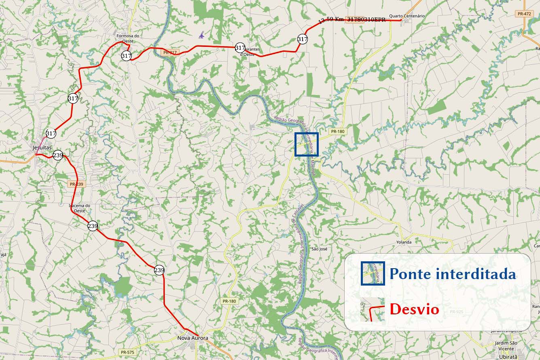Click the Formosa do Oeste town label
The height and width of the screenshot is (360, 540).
tap(127, 38)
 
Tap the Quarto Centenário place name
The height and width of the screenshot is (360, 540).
tap(407, 16)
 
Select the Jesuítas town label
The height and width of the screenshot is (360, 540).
tap(42, 148)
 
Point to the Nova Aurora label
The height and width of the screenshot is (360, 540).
tap(193, 338)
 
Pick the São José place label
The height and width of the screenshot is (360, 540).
tap(319, 249)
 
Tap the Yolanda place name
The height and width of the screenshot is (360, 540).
tap(404, 242)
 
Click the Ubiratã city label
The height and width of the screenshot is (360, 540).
tap(507, 357)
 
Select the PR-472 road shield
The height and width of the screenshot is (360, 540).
tap(524, 14)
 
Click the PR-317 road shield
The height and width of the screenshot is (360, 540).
tap(169, 53)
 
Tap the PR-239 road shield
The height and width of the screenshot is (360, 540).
tap(77, 184)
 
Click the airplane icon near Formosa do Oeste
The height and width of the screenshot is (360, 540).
tap(201, 35)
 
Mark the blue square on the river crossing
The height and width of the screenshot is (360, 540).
tap(307, 144)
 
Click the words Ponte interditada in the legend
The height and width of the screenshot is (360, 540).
tap(453, 274)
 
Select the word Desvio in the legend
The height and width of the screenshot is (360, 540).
tap(414, 309)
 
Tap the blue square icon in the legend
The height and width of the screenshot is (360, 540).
tap(373, 273)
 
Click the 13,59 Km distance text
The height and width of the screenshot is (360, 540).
tap(332, 20)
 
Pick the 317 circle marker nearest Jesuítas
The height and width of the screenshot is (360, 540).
tap(51, 133)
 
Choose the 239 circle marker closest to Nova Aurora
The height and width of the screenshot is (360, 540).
tap(159, 270)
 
